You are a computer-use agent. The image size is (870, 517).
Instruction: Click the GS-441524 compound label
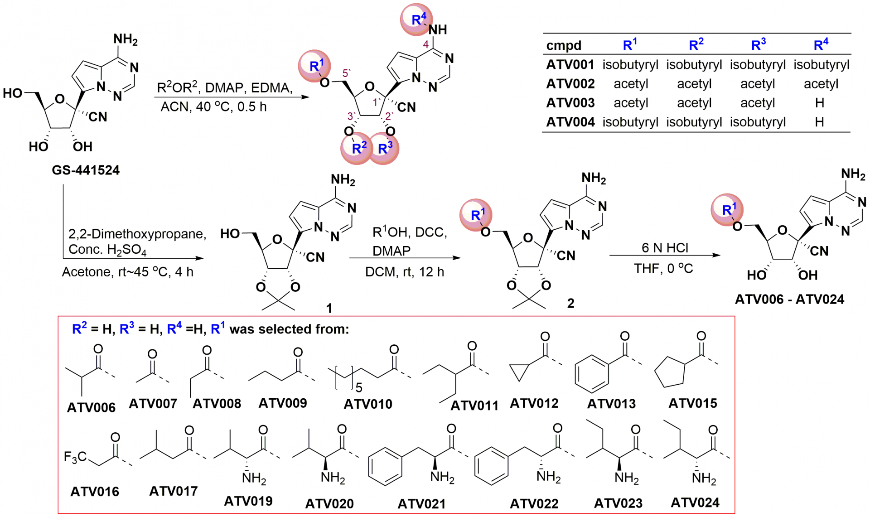86,170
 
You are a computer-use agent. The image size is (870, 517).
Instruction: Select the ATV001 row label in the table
570,65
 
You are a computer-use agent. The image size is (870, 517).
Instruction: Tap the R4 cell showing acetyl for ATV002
821,84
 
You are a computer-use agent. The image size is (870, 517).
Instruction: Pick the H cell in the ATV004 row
819,122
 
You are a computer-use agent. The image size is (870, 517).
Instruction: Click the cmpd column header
564,45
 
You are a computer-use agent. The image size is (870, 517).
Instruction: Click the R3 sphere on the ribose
385,148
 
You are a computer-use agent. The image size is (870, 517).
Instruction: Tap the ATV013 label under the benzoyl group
611,404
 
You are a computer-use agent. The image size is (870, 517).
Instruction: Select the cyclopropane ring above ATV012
519,372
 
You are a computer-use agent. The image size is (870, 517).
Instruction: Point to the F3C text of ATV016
75,457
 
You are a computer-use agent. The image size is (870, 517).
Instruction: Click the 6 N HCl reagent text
665,248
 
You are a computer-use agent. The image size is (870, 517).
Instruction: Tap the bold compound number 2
570,304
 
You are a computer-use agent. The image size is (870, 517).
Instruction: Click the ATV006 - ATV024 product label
789,300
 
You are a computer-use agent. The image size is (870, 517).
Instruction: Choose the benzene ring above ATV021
386,466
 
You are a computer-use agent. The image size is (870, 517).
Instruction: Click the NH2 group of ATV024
704,478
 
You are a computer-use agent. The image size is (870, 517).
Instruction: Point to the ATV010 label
368,404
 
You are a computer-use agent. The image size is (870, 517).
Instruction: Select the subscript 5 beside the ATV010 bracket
359,388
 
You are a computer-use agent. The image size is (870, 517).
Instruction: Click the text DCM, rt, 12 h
405,272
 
